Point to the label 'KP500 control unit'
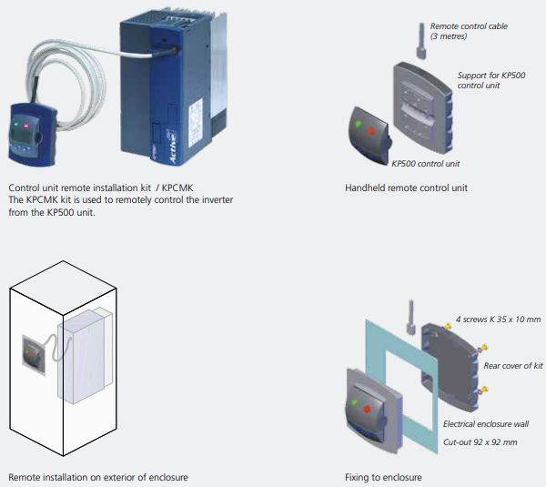click(x=425, y=163)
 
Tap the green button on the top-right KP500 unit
click(x=361, y=122)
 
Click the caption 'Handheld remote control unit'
click(x=406, y=188)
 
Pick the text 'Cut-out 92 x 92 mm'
click(x=480, y=441)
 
